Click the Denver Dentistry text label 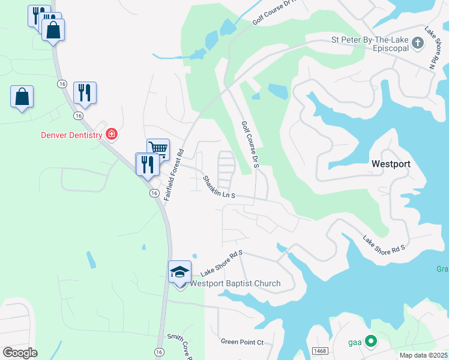(71, 135)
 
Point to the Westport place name (390, 163)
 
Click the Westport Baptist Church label (235, 284)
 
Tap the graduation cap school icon (180, 272)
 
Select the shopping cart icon (158, 149)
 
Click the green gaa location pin (371, 342)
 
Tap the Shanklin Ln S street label (219, 188)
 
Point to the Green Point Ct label (243, 342)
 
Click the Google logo (20, 352)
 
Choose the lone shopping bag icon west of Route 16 (22, 97)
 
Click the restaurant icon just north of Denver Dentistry (85, 92)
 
